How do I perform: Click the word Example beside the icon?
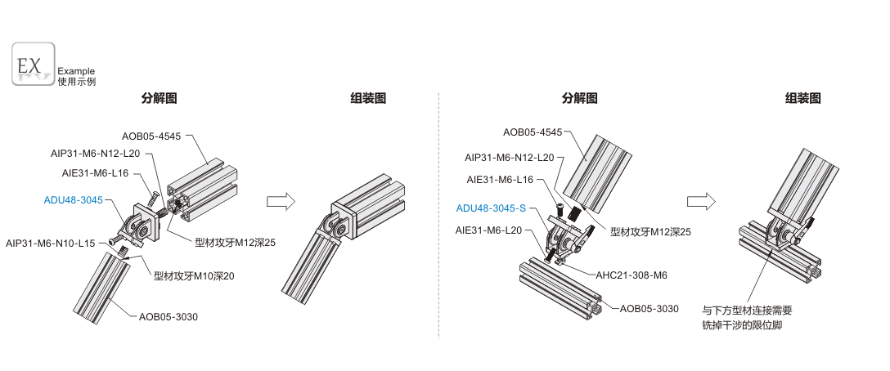click(x=76, y=71)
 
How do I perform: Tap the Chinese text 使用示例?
click(x=76, y=82)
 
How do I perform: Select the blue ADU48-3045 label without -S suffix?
click(x=74, y=200)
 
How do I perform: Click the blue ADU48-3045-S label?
click(x=491, y=208)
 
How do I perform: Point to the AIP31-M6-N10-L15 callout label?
click(x=51, y=243)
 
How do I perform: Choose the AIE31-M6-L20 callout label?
click(x=488, y=230)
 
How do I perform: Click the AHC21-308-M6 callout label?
click(x=632, y=275)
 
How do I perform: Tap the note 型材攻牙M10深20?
click(x=195, y=275)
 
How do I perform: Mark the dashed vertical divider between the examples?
click(x=439, y=212)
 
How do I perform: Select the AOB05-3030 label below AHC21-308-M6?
click(x=650, y=308)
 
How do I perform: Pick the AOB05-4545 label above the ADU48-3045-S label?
click(x=533, y=132)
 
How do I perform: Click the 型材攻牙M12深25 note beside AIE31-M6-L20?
click(x=651, y=232)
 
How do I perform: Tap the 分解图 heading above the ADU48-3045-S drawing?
click(x=579, y=99)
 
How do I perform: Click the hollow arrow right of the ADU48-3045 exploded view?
click(x=279, y=201)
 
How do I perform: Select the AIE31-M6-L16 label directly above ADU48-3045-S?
click(x=500, y=179)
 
